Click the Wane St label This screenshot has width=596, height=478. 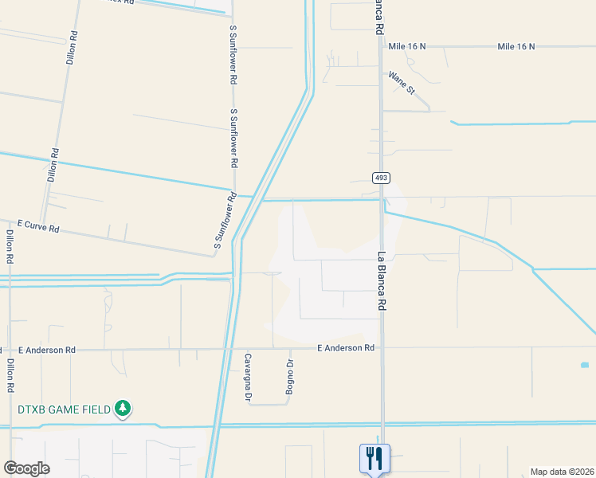pyautogui.click(x=402, y=83)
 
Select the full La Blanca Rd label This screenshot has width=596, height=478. pyautogui.click(x=382, y=281)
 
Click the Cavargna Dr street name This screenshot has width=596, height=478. pyautogui.click(x=248, y=376)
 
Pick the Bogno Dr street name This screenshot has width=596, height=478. pyautogui.click(x=290, y=376)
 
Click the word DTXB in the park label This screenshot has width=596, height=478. pyautogui.click(x=35, y=409)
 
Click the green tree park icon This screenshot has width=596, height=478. pyautogui.click(x=122, y=409)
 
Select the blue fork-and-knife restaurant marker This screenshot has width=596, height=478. pyautogui.click(x=374, y=457)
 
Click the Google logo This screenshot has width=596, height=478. pyautogui.click(x=26, y=468)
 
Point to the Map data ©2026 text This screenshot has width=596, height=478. pyautogui.click(x=562, y=472)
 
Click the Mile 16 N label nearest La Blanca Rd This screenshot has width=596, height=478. pyautogui.click(x=407, y=46)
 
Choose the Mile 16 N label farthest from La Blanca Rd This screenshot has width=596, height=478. pyautogui.click(x=516, y=46)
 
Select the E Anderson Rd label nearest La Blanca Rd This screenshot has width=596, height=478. pyautogui.click(x=346, y=348)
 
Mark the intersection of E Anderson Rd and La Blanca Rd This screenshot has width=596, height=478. pyautogui.click(x=382, y=347)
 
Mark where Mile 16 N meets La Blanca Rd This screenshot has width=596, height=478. pyautogui.click(x=380, y=46)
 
